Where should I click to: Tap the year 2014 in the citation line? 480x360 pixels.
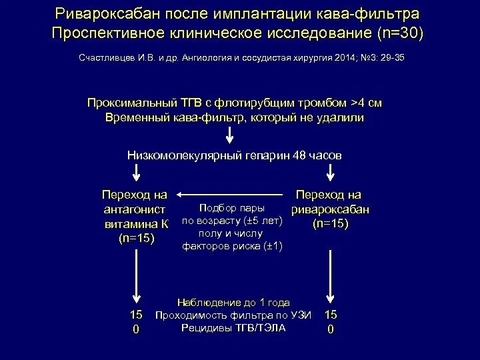click(x=323, y=58)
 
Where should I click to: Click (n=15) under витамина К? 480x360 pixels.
click(x=136, y=238)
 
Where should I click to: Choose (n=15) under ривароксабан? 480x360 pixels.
click(x=329, y=224)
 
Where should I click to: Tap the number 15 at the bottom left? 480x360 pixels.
click(x=136, y=314)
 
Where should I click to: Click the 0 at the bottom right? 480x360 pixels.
click(x=331, y=329)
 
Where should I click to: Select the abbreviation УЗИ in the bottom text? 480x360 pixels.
click(x=300, y=315)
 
